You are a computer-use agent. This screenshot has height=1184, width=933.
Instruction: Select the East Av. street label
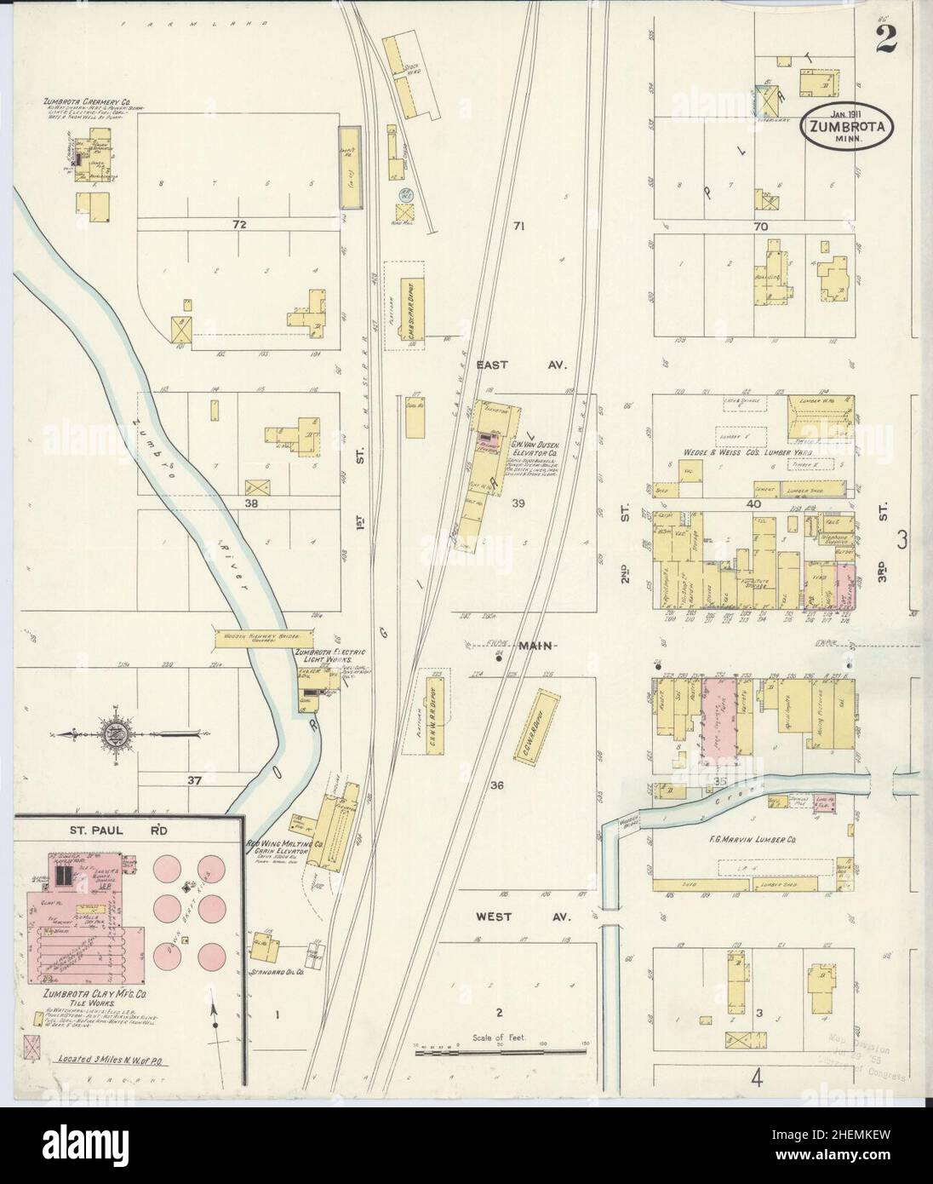point(533,365)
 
